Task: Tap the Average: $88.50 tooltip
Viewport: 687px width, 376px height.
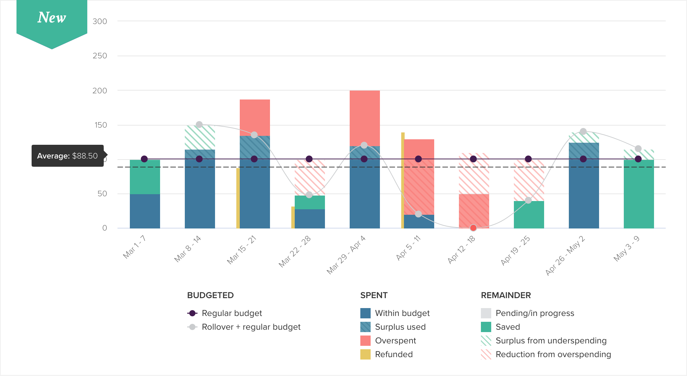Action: click(x=68, y=156)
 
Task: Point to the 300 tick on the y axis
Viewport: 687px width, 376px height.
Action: click(x=100, y=21)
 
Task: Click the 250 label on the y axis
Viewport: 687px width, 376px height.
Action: click(x=100, y=56)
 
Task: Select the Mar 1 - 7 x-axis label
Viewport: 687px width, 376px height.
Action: click(x=134, y=247)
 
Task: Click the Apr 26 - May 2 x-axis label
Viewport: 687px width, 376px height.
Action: click(x=565, y=255)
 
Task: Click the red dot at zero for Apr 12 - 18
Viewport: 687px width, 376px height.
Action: click(x=473, y=228)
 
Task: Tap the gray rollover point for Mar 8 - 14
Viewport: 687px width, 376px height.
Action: click(x=199, y=125)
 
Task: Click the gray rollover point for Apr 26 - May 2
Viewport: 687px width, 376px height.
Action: click(x=583, y=131)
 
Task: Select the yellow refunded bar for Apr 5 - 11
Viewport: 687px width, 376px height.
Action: click(x=403, y=180)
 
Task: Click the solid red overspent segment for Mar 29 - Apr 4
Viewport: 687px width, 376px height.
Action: click(x=365, y=118)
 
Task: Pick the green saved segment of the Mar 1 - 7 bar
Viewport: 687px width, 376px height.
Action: click(x=145, y=177)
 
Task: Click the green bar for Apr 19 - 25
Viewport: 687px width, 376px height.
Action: click(x=529, y=215)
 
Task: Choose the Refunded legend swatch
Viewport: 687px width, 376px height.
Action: click(x=365, y=354)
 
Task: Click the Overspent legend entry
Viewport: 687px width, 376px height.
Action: click(x=395, y=341)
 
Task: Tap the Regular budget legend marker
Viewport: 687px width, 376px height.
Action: click(x=193, y=313)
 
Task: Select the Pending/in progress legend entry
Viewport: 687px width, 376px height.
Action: click(x=534, y=313)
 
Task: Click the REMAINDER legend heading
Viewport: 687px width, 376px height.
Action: click(x=506, y=295)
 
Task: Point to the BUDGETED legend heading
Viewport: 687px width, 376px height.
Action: click(x=210, y=295)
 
